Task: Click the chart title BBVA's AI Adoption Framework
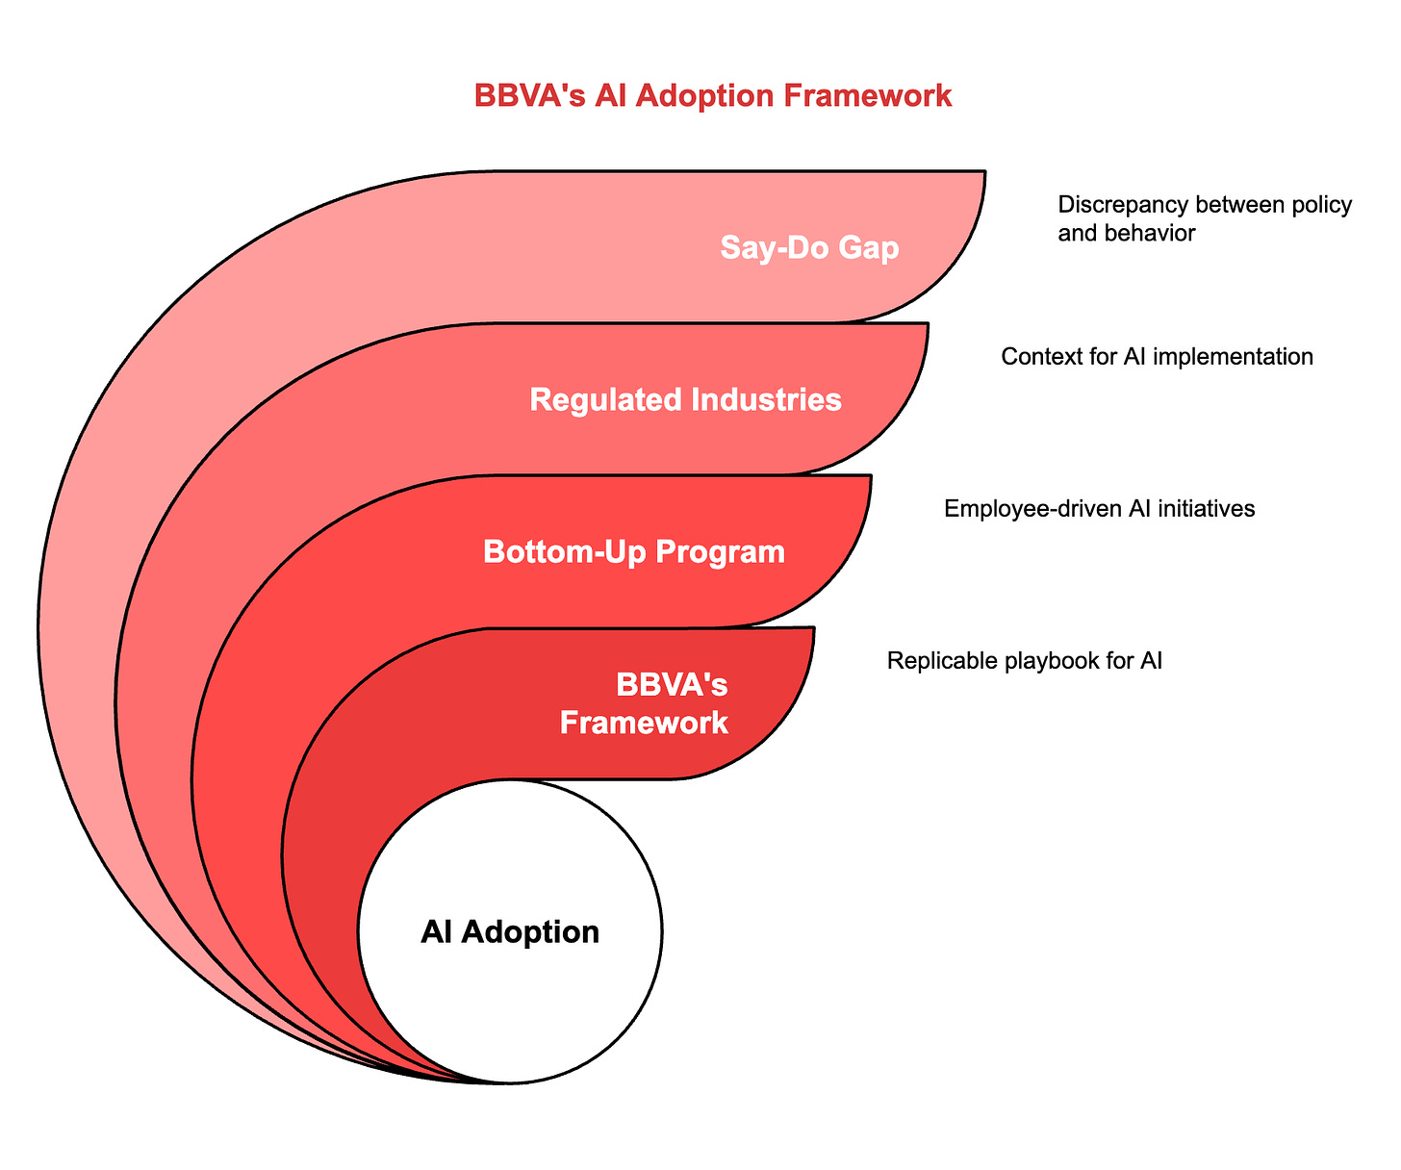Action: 713,96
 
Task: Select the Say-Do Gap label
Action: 809,248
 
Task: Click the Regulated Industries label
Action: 685,399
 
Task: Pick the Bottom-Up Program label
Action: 633,551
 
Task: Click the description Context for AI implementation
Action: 1157,357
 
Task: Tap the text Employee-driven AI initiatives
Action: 1099,509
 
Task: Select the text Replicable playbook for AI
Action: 1025,661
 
